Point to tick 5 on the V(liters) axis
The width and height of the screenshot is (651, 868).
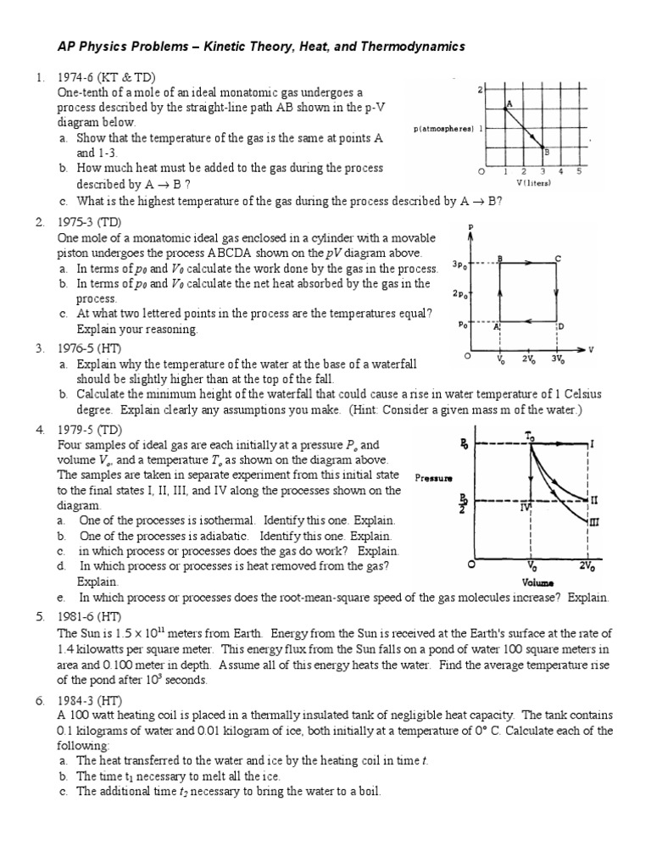[579, 171]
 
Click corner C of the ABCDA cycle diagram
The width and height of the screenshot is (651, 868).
[557, 259]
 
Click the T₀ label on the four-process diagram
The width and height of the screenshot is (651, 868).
[530, 435]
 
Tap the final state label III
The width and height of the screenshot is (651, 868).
[593, 523]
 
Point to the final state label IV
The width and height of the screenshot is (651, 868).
[526, 508]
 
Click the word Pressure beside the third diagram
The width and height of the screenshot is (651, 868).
[433, 477]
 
